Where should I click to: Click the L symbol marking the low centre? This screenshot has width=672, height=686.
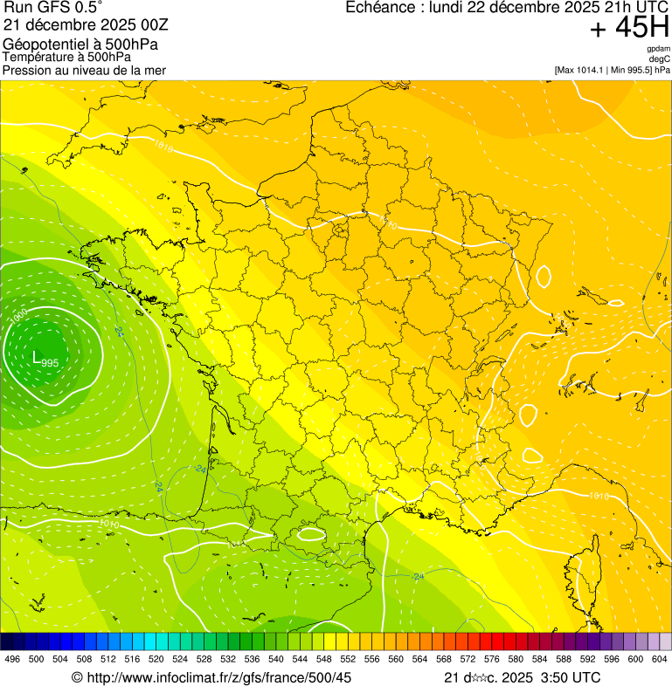click(x=37, y=356)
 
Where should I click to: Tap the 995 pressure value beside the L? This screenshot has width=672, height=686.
click(x=50, y=362)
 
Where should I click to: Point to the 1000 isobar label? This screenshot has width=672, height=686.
click(x=18, y=316)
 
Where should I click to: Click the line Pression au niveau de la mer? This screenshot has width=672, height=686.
click(x=84, y=70)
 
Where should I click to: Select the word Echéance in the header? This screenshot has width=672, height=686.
click(x=375, y=8)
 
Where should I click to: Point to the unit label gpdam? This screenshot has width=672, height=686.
click(x=658, y=49)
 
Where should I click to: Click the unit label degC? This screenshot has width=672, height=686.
click(x=659, y=59)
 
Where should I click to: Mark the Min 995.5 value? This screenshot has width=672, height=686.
click(x=635, y=70)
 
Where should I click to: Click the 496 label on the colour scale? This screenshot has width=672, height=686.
click(x=12, y=659)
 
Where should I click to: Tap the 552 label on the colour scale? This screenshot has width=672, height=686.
click(x=349, y=659)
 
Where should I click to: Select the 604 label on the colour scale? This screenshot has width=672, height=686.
click(x=660, y=659)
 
